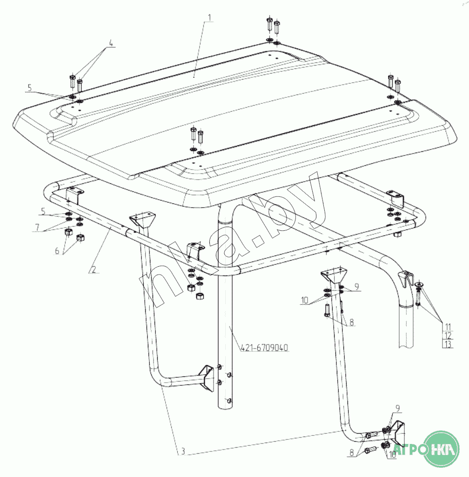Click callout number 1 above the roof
[x=209, y=18]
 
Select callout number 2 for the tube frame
[x=94, y=269]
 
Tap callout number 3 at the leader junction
[x=183, y=451]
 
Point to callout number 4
[x=111, y=43]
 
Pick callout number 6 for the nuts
[x=57, y=251]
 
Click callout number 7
[x=37, y=227]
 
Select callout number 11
[x=448, y=327]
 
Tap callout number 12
[x=448, y=336]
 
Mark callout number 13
[x=448, y=344]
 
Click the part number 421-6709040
[x=264, y=348]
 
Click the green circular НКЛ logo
[x=441, y=449]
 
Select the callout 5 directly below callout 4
[x=29, y=88]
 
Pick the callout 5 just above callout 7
[x=43, y=211]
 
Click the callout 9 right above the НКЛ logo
[x=397, y=408]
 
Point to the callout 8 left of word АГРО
[x=352, y=453]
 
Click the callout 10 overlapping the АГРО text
[x=392, y=455]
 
